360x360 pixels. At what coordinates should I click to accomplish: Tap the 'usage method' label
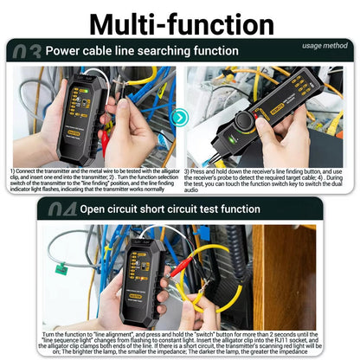324,45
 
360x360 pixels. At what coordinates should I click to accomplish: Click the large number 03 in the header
21,51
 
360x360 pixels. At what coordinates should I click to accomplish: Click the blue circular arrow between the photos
179,116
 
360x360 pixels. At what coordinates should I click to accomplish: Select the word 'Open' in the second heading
98,209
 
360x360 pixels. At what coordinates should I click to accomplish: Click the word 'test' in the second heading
225,209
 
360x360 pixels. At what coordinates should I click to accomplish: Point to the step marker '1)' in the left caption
13,171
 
